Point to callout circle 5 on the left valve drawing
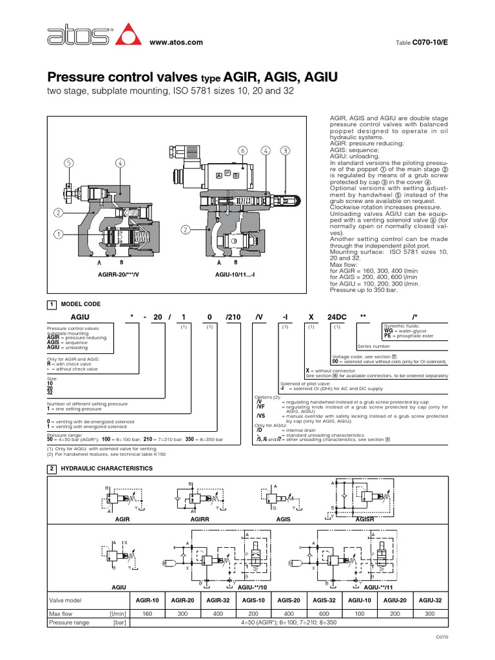pos(68,163)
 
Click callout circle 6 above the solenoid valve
pos(243,150)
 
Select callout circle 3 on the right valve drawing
pos(284,150)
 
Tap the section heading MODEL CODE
pos(80,304)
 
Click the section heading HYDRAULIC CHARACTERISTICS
pos(106,468)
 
